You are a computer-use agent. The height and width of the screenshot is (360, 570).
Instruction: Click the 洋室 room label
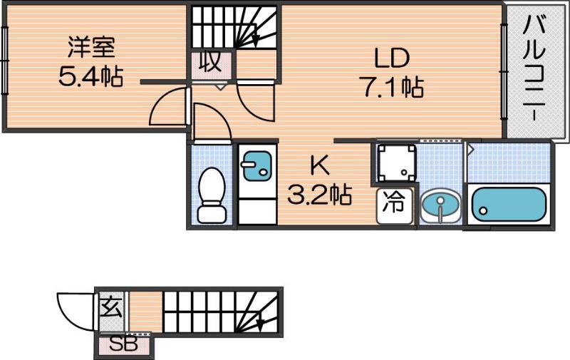coord(92,47)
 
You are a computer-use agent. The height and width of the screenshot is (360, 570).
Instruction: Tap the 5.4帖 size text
coord(90,76)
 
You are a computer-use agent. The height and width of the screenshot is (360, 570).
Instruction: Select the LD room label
coord(392,58)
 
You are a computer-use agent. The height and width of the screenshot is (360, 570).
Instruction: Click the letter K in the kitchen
coord(319,165)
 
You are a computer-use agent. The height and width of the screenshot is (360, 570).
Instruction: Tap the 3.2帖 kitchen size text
coord(319,195)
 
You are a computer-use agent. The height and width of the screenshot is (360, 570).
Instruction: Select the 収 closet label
coord(211,63)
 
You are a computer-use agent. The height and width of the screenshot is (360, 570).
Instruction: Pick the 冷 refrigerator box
coord(395,206)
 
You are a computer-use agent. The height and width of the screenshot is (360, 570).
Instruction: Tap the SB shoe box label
coord(124,344)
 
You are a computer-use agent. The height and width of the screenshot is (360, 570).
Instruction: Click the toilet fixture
coord(212,195)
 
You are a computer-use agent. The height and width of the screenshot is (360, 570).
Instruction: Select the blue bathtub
coord(509,205)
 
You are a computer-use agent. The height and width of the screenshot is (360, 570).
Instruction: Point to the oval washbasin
coord(440,205)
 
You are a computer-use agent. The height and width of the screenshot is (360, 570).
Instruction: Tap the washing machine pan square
coord(397,163)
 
